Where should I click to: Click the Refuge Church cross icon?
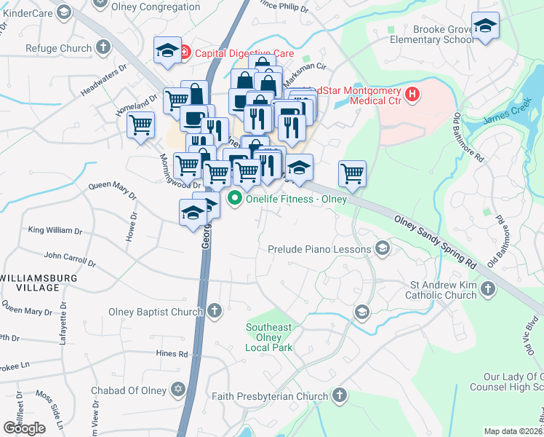tap(103, 48)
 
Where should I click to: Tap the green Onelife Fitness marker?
tap(235, 198)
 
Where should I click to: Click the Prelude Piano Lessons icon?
tap(381, 249)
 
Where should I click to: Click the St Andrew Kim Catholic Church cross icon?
tap(487, 290)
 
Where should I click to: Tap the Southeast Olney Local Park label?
tap(268, 337)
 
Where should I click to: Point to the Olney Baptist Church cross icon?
tap(214, 312)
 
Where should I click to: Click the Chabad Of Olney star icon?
tap(177, 389)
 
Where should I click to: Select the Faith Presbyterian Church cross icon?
tap(339, 395)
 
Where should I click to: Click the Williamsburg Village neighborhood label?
tap(30, 283)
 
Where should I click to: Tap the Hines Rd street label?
tap(172, 354)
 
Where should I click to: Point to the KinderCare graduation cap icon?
tap(64, 12)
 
